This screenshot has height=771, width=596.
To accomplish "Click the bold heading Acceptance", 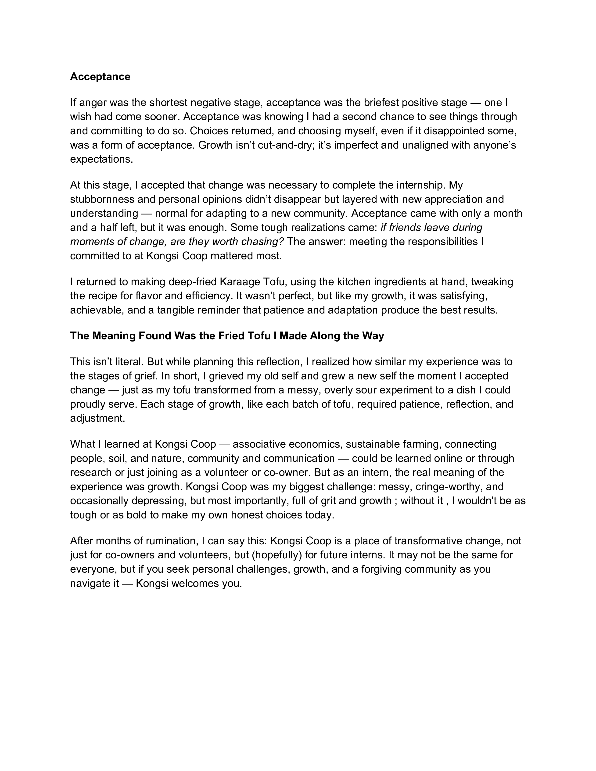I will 100,77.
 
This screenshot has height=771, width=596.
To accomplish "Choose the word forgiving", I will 378,569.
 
